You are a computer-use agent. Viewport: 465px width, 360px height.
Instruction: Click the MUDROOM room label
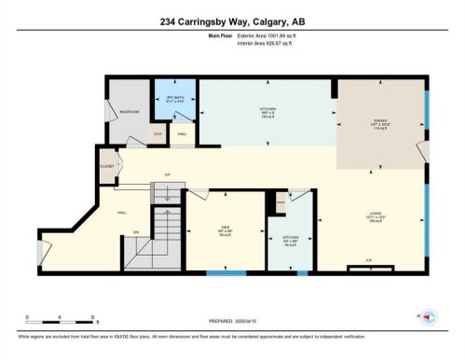click(130, 112)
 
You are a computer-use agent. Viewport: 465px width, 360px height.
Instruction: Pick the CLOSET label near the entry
click(106, 167)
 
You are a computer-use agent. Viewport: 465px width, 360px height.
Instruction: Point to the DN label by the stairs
click(136, 230)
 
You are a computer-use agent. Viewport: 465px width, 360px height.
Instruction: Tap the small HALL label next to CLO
click(182, 133)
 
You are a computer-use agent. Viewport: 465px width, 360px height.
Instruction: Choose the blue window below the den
click(226, 273)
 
